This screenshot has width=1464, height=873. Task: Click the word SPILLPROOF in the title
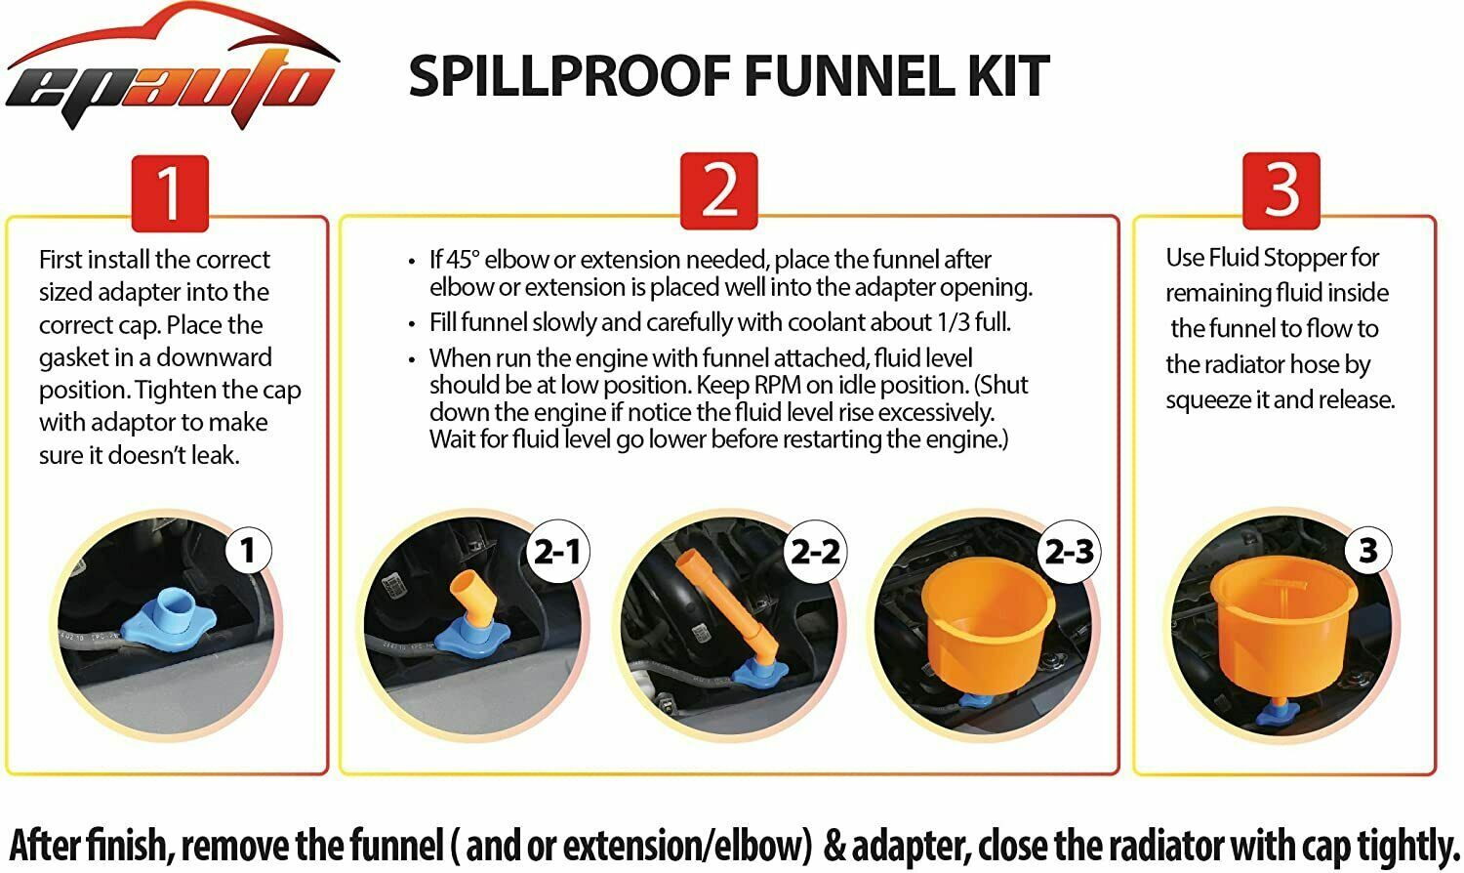click(x=570, y=76)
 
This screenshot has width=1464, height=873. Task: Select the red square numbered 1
click(x=170, y=193)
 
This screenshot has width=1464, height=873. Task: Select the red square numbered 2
click(x=719, y=191)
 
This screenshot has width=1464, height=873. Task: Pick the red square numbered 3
click(x=1281, y=191)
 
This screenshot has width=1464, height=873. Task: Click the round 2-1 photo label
click(x=557, y=552)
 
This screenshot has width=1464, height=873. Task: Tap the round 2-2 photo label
click(x=815, y=552)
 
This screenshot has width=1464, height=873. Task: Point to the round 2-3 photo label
click(x=1070, y=552)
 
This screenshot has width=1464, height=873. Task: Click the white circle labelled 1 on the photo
click(x=248, y=550)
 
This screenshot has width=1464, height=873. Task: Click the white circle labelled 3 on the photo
click(x=1367, y=550)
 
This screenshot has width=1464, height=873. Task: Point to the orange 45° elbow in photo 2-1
click(x=471, y=599)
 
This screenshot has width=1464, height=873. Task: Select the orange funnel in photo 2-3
click(x=987, y=627)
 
